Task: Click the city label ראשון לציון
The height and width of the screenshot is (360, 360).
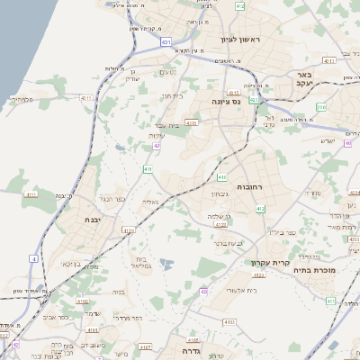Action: click(x=238, y=40)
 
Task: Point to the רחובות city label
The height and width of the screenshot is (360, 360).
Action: click(x=248, y=186)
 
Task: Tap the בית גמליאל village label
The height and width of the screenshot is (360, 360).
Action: click(x=140, y=262)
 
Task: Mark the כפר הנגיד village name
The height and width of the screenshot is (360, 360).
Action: click(x=120, y=198)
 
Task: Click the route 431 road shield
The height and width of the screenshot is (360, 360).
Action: click(x=166, y=41)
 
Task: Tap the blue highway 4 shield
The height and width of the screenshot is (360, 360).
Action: click(x=34, y=258)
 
